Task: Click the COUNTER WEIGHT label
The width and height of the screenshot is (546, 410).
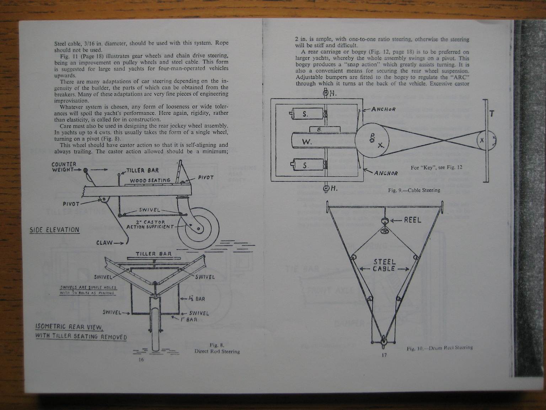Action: click(x=64, y=167)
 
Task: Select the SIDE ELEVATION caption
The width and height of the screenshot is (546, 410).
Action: click(x=54, y=230)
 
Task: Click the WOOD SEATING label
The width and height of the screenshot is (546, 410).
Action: click(x=150, y=180)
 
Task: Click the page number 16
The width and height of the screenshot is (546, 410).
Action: click(x=141, y=360)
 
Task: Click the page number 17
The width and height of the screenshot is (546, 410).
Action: click(x=384, y=355)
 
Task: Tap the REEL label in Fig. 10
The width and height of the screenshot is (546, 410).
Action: click(x=412, y=220)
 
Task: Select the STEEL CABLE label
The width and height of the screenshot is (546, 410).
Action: click(x=384, y=265)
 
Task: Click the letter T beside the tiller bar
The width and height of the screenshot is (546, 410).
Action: click(x=492, y=114)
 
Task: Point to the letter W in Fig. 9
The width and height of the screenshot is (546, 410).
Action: click(x=307, y=142)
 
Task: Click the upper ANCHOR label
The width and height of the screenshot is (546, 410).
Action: click(x=383, y=109)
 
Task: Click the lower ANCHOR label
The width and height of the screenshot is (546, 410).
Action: click(x=386, y=173)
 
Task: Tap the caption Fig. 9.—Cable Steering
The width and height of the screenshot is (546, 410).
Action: click(x=414, y=190)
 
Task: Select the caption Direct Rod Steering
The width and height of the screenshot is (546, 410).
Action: click(x=217, y=352)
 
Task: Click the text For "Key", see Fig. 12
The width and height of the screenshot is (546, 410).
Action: click(x=436, y=168)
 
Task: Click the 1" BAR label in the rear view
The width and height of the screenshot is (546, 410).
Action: click(x=189, y=320)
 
